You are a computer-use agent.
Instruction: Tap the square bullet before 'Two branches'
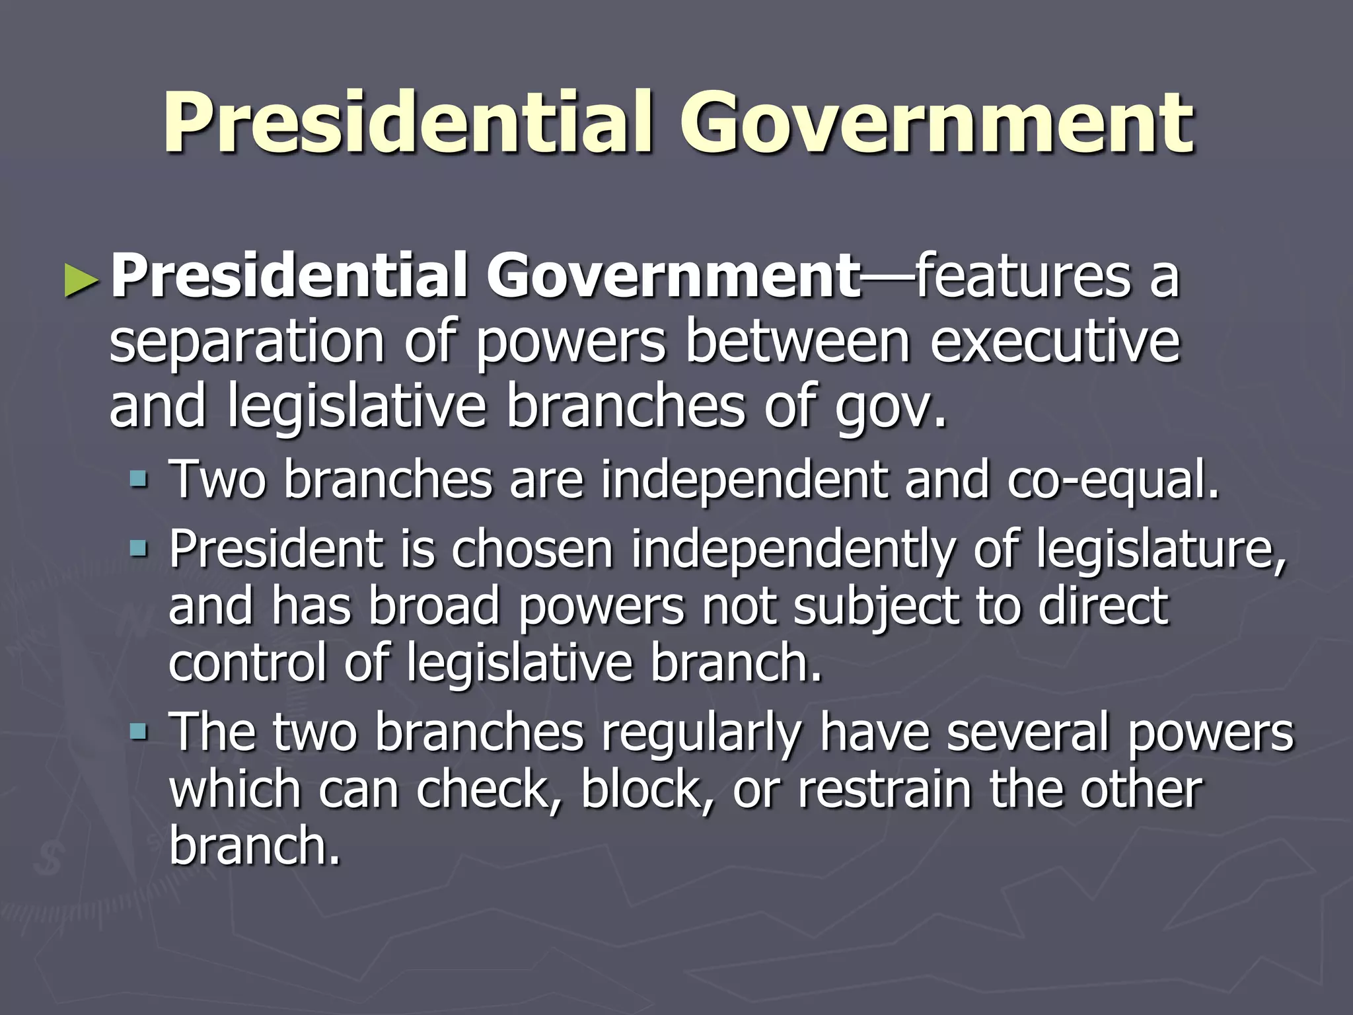(139, 476)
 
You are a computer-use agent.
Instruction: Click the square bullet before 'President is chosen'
(139, 548)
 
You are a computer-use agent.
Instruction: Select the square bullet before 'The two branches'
(139, 732)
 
